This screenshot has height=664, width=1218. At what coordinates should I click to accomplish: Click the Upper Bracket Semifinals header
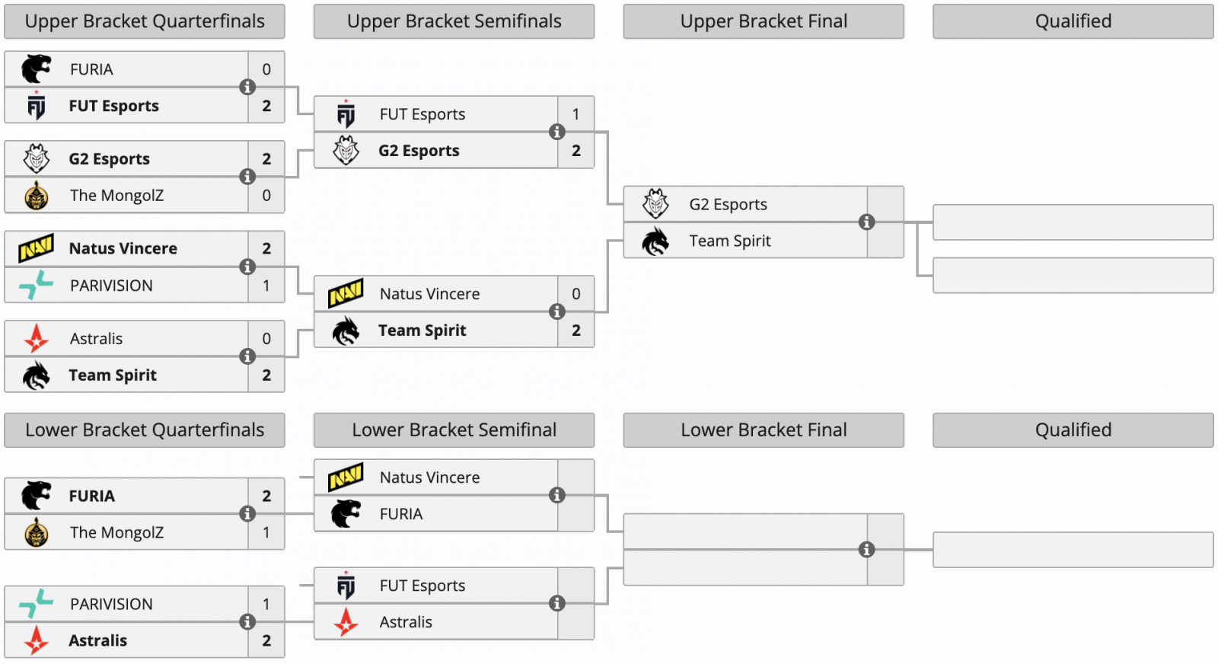(x=454, y=21)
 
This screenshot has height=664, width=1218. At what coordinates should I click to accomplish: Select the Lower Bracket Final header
(x=764, y=430)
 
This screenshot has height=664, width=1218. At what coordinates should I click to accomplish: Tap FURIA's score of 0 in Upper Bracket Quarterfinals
(x=266, y=69)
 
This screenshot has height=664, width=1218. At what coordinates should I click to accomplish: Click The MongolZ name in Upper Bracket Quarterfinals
(x=116, y=196)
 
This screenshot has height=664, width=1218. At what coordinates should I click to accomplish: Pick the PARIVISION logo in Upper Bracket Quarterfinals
(x=36, y=285)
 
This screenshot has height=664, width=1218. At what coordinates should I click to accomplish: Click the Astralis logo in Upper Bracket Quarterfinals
(x=36, y=338)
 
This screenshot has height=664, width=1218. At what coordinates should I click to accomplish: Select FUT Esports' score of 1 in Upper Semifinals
(x=576, y=114)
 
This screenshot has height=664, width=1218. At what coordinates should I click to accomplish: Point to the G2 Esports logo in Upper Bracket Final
(x=655, y=204)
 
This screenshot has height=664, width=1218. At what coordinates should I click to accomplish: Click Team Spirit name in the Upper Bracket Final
(x=730, y=241)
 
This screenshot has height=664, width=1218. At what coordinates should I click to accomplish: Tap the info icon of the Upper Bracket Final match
(x=866, y=222)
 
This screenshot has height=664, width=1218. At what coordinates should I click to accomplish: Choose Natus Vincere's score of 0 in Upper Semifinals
(x=576, y=294)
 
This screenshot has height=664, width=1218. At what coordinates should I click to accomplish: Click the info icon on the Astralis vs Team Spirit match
(x=247, y=356)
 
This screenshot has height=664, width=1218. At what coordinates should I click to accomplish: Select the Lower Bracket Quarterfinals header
(x=145, y=430)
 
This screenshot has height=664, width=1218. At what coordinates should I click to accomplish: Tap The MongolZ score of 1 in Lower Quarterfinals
(x=266, y=532)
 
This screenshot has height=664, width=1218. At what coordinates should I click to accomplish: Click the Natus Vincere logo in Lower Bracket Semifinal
(x=346, y=477)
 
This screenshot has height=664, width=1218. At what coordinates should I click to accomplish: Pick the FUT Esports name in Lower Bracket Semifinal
(x=422, y=586)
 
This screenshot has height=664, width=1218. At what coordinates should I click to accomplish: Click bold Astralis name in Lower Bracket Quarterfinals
(x=97, y=640)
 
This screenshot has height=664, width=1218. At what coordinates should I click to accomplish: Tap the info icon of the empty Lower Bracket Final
(x=866, y=550)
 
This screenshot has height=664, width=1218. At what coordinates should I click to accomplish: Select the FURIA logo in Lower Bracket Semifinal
(x=346, y=514)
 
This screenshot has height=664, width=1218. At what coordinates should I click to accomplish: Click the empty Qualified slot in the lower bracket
(x=1073, y=550)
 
